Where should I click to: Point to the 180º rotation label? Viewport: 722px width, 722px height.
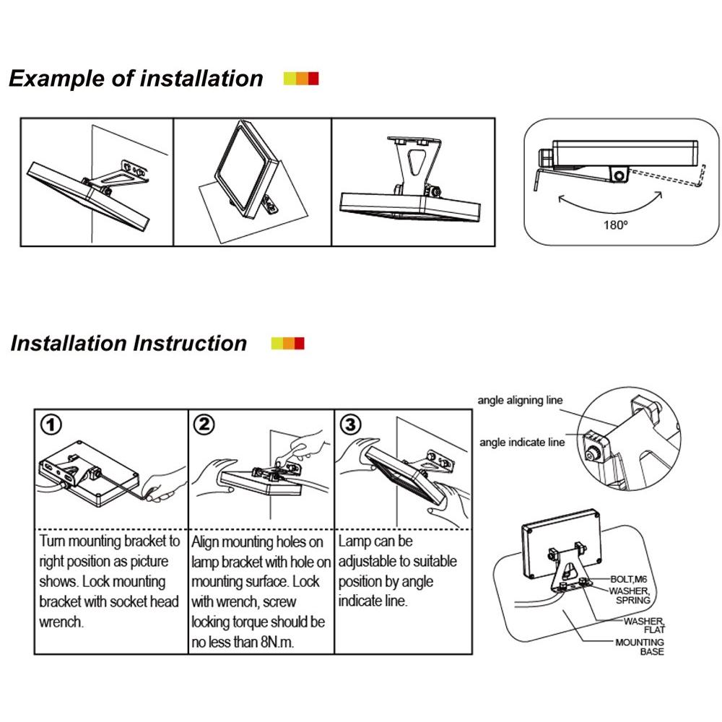pyautogui.click(x=616, y=225)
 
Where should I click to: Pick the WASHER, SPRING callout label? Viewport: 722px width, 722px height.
pyautogui.click(x=630, y=595)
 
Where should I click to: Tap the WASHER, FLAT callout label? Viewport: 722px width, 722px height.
pyautogui.click(x=645, y=624)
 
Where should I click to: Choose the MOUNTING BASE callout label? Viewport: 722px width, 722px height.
pyautogui.click(x=640, y=647)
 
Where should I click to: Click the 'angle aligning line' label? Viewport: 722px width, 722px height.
pyautogui.click(x=520, y=400)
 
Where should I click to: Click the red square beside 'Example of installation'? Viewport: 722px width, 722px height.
pyautogui.click(x=313, y=79)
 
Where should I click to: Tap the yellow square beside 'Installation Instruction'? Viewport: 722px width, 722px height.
pyautogui.click(x=277, y=344)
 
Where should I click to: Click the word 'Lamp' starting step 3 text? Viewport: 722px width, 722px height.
pyautogui.click(x=355, y=541)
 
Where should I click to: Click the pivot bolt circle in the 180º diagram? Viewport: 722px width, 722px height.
pyautogui.click(x=619, y=174)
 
